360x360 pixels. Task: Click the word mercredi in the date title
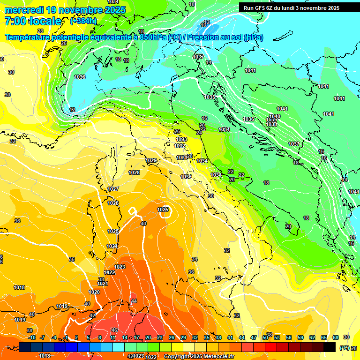pyautogui.click(x=24, y=10)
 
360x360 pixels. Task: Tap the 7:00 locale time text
pyautogui.click(x=33, y=21)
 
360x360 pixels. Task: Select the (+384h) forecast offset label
pyautogui.click(x=83, y=21)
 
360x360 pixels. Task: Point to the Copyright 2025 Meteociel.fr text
pyautogui.click(x=202, y=356)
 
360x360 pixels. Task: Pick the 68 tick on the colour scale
pyautogui.click(x=336, y=337)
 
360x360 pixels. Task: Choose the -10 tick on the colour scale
pyautogui.click(x=31, y=337)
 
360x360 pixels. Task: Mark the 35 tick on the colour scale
pyautogui.click(x=207, y=337)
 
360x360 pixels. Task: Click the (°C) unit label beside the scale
pyautogui.click(x=344, y=348)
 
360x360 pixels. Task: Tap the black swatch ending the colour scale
pyautogui.click(x=330, y=347)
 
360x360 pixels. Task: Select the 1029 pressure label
pyautogui.click(x=151, y=161)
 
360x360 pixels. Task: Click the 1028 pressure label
pyautogui.click(x=134, y=172)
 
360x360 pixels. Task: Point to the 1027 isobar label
pyautogui.click(x=113, y=189)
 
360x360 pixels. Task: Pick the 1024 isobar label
pyautogui.click(x=112, y=246)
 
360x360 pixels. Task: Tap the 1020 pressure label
pyautogui.click(x=94, y=292)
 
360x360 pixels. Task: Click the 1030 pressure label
pyautogui.click(x=186, y=177)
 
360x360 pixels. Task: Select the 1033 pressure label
pyautogui.click(x=181, y=139)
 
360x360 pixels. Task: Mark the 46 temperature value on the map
pyautogui.click(x=114, y=330)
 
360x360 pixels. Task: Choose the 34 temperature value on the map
pyautogui.click(x=195, y=259)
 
